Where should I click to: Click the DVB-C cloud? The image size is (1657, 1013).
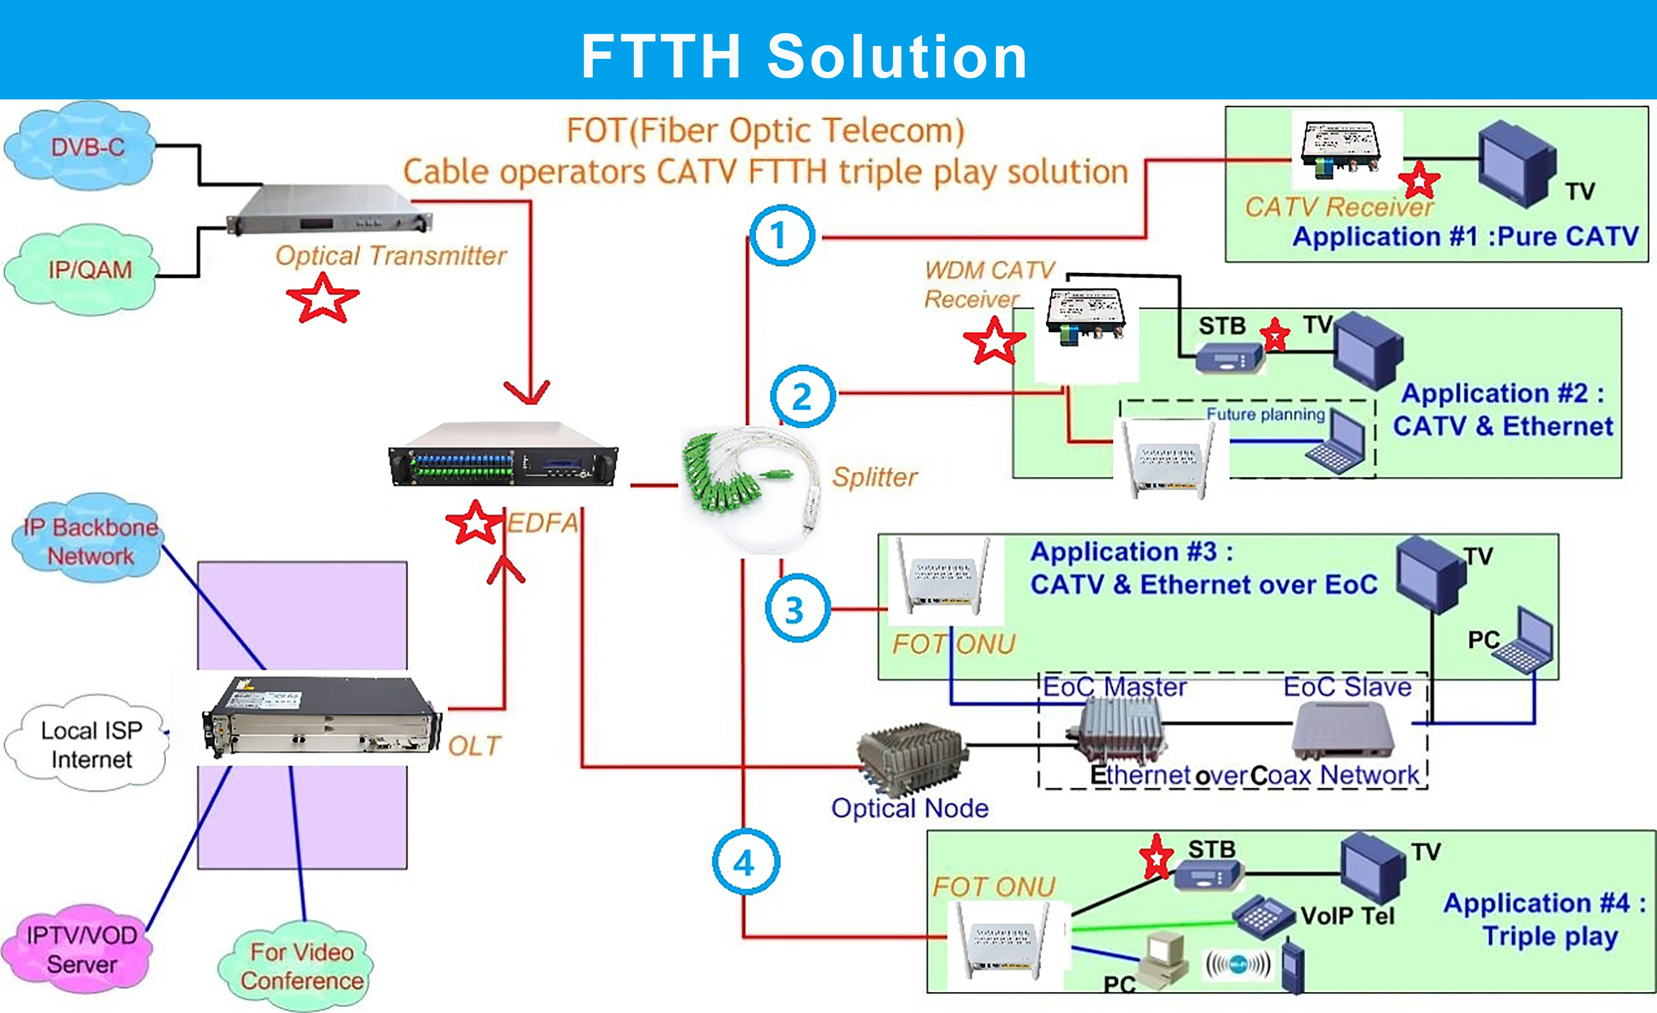pos(81,147)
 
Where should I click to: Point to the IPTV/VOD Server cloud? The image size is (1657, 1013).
pos(80,949)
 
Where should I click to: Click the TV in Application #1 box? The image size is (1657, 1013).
pos(1517,163)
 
